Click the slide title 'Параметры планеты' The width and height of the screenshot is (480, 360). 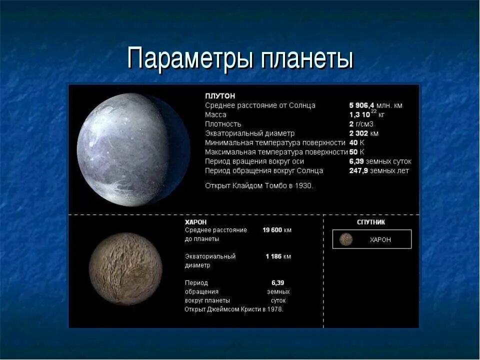(x=240, y=58)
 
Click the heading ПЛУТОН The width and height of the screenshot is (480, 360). (x=220, y=95)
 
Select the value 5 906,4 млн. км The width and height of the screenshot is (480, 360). (x=375, y=105)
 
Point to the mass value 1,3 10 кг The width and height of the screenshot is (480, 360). (x=366, y=114)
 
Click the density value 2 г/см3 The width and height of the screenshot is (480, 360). (x=361, y=124)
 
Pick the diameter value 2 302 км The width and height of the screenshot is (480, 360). (x=363, y=133)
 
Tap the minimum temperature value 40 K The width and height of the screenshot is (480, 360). (x=356, y=142)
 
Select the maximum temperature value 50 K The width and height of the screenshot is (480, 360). (x=356, y=151)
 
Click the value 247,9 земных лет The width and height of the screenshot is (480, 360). (x=378, y=170)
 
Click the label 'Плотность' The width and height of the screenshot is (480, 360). (x=223, y=124)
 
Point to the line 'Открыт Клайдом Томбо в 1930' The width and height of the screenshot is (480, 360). (x=259, y=185)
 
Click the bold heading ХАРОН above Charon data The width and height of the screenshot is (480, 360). (x=195, y=221)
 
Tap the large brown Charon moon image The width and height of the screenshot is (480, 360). (x=125, y=268)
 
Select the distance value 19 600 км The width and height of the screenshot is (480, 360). (x=277, y=230)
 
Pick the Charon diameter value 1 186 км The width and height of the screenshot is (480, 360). (x=278, y=256)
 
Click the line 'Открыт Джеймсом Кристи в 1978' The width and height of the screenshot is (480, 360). (x=234, y=309)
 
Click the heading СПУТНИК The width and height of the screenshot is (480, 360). (x=371, y=222)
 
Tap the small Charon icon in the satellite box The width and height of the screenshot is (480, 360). (x=346, y=239)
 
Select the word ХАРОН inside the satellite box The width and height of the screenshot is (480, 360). (x=380, y=239)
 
